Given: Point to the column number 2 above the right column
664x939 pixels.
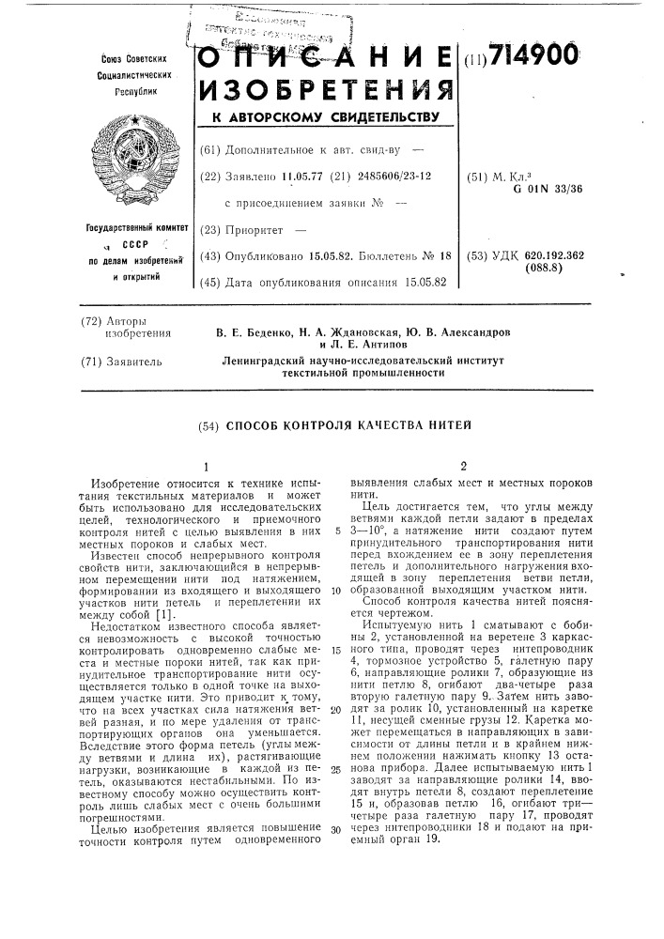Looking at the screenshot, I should (x=463, y=466).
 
